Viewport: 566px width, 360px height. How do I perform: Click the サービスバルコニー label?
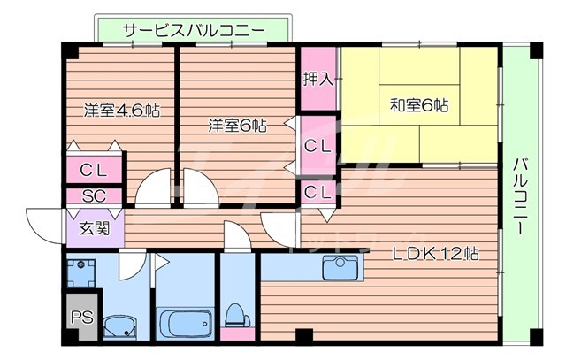[194, 31]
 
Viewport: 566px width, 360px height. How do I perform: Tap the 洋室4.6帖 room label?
[122, 110]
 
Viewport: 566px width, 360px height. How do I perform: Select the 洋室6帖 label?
[237, 126]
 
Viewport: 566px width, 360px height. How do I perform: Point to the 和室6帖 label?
[419, 105]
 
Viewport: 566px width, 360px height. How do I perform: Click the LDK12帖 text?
[436, 254]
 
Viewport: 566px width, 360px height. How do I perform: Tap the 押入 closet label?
[318, 79]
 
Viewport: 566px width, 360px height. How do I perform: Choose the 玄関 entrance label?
[95, 228]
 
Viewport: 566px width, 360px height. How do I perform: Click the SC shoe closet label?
[94, 196]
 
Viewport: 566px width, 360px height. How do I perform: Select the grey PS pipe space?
[82, 317]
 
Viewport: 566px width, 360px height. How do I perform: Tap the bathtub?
[185, 323]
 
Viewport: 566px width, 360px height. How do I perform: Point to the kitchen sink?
[340, 267]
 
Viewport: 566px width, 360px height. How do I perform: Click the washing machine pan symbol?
[81, 273]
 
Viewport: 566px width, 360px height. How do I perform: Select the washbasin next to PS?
[120, 328]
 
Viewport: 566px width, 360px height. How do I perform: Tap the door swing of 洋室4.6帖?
[152, 188]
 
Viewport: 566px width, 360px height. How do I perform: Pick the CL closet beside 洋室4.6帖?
[94, 170]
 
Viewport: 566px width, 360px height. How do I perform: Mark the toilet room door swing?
[237, 234]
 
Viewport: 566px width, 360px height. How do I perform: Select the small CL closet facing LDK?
[317, 192]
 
